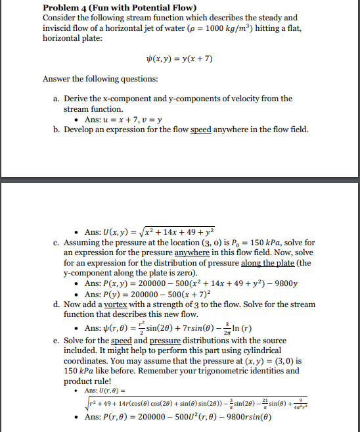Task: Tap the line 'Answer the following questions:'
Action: click(x=100, y=80)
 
